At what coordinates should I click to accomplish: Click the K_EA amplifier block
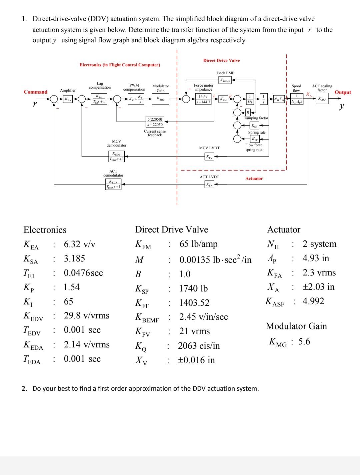tap(68, 99)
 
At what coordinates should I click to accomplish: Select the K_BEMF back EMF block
tap(226, 80)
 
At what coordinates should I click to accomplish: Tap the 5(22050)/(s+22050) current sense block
tap(155, 122)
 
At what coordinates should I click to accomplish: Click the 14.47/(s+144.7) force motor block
tap(203, 99)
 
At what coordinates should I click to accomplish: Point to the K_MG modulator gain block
tap(160, 99)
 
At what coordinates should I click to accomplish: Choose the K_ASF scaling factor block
tap(322, 99)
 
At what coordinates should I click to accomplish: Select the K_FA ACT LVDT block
tap(210, 184)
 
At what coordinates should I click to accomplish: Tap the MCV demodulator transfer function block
tap(117, 156)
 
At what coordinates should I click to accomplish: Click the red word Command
tap(36, 92)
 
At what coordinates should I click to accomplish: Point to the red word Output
tap(343, 92)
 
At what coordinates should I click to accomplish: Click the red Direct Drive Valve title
tap(221, 61)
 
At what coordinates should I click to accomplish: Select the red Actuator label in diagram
tap(254, 179)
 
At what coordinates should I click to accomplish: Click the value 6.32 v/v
tap(79, 244)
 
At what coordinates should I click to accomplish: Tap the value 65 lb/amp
tap(198, 244)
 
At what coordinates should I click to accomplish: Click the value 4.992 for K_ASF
tap(313, 301)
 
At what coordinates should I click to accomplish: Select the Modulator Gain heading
tap(296, 326)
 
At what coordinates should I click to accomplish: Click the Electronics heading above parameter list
tap(45, 230)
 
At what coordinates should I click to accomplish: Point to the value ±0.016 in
tap(197, 360)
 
